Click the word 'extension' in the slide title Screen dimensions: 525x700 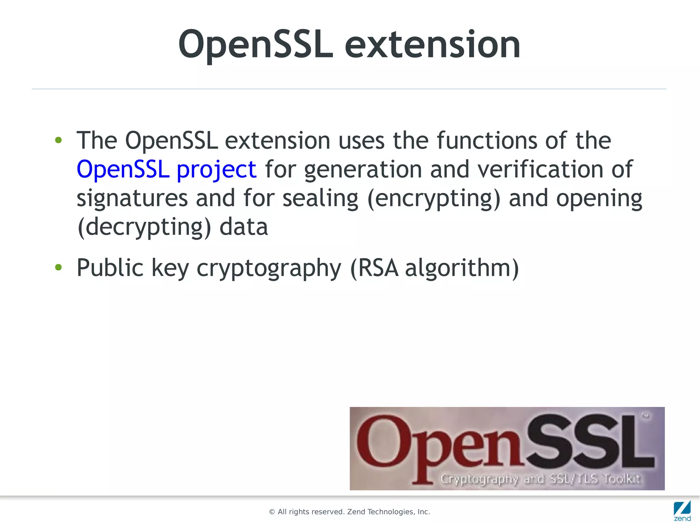pos(432,44)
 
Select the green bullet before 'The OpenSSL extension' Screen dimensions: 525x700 pos(58,140)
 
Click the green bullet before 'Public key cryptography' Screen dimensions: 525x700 pos(58,267)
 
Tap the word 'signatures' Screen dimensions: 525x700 pos(132,198)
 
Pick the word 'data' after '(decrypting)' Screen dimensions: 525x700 pos(243,227)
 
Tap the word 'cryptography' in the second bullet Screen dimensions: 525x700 pos(269,268)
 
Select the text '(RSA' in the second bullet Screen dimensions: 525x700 pos(374,268)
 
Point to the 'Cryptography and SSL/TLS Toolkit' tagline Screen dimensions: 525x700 pos(540,478)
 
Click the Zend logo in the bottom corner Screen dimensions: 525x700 pos(682,511)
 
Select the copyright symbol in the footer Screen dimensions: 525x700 pos(272,512)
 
